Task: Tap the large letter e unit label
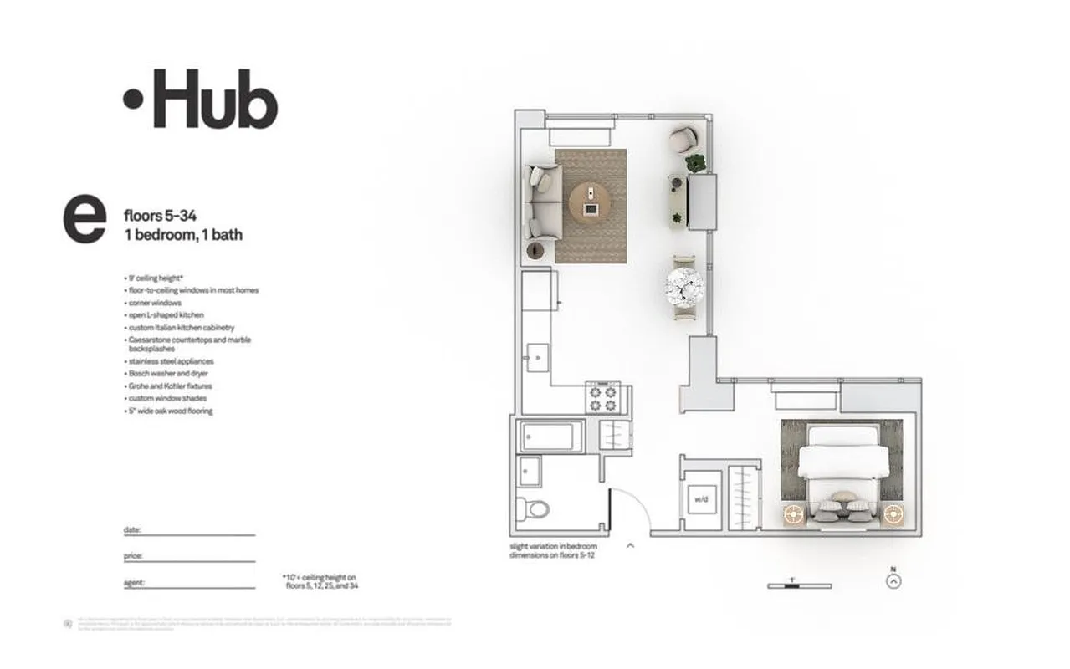84,220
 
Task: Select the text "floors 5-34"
160,217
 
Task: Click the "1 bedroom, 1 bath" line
182,235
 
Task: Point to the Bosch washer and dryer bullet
167,374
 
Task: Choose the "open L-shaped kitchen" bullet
166,315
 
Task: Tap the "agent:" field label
133,582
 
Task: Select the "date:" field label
131,530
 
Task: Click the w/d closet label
699,500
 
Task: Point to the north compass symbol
894,580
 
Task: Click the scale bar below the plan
799,585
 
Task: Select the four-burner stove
602,399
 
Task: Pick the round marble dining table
684,287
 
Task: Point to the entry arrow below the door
631,545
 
